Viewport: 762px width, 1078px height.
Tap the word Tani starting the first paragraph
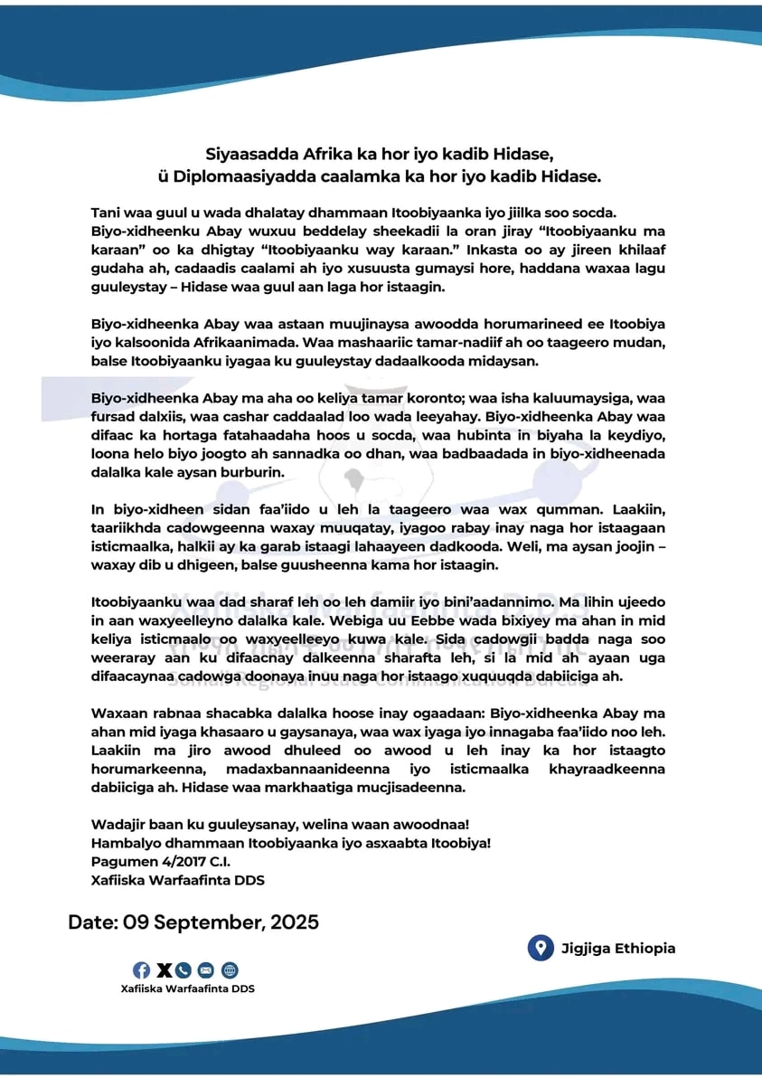(x=107, y=213)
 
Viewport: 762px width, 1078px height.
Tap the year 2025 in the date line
(x=289, y=923)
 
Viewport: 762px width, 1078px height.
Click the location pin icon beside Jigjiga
(x=540, y=948)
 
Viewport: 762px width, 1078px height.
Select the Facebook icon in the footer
(x=142, y=970)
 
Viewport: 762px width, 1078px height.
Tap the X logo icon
(x=164, y=970)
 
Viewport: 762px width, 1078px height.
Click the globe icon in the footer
(x=230, y=970)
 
